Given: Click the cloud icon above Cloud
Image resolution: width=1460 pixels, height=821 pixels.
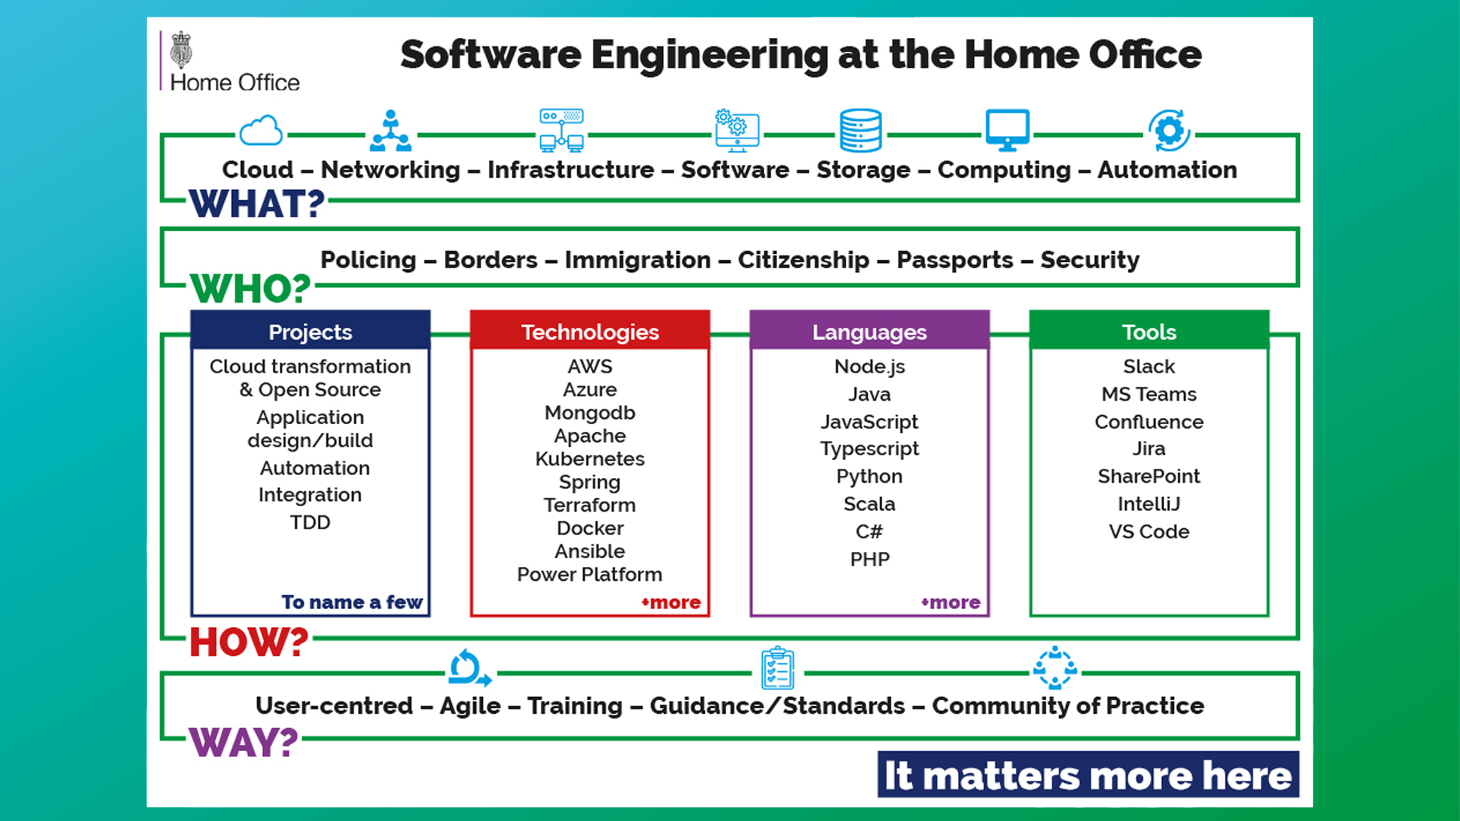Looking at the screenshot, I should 261,131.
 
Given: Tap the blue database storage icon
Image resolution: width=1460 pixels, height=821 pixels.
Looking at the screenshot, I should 860,131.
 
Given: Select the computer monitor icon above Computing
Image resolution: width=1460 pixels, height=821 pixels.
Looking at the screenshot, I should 1007,130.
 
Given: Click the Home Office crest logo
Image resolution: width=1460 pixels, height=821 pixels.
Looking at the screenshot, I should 181,51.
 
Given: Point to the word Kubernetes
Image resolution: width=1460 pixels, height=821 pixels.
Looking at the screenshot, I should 589,459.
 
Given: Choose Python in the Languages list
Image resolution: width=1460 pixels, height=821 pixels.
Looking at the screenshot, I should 869,477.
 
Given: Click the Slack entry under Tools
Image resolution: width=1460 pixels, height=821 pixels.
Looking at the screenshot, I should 1148,366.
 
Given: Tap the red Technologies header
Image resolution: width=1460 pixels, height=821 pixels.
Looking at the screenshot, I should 589,331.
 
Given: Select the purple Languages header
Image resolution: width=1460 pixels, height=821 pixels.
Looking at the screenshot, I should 869,331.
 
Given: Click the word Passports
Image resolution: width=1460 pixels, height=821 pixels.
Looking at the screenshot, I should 954,260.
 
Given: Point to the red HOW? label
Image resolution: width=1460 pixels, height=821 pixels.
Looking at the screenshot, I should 249,642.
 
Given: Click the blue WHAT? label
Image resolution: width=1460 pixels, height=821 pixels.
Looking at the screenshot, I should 257,204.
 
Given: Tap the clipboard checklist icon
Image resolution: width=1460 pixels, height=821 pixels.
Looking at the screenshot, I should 777,668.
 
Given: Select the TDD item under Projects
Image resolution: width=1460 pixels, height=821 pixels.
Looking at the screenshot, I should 309,522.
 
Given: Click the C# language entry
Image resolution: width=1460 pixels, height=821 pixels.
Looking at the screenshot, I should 869,531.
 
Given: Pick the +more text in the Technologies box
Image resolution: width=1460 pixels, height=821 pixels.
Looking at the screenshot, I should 671,603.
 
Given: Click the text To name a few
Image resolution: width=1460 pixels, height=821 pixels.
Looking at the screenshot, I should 351,602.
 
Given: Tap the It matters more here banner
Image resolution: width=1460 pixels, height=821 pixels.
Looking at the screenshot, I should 1087,775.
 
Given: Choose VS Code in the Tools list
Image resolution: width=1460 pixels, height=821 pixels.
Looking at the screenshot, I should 1148,531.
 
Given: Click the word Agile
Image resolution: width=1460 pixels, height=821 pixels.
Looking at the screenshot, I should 470,705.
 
